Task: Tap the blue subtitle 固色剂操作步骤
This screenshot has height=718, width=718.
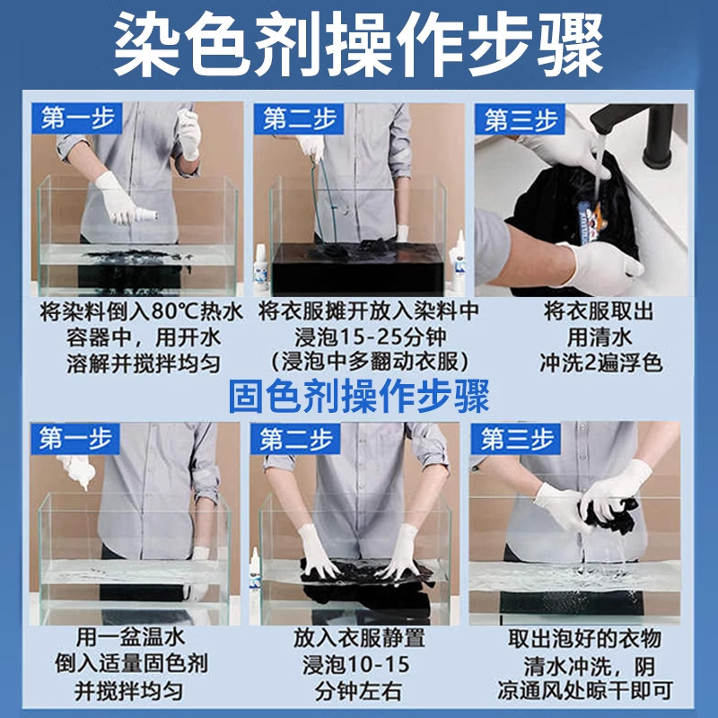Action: click(x=359, y=396)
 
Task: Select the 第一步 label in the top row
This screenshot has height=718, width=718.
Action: click(x=78, y=118)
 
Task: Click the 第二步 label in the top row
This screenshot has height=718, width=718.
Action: click(x=300, y=118)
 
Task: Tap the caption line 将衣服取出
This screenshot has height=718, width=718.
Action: click(x=600, y=312)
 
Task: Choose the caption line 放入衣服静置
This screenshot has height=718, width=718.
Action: click(x=359, y=638)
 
